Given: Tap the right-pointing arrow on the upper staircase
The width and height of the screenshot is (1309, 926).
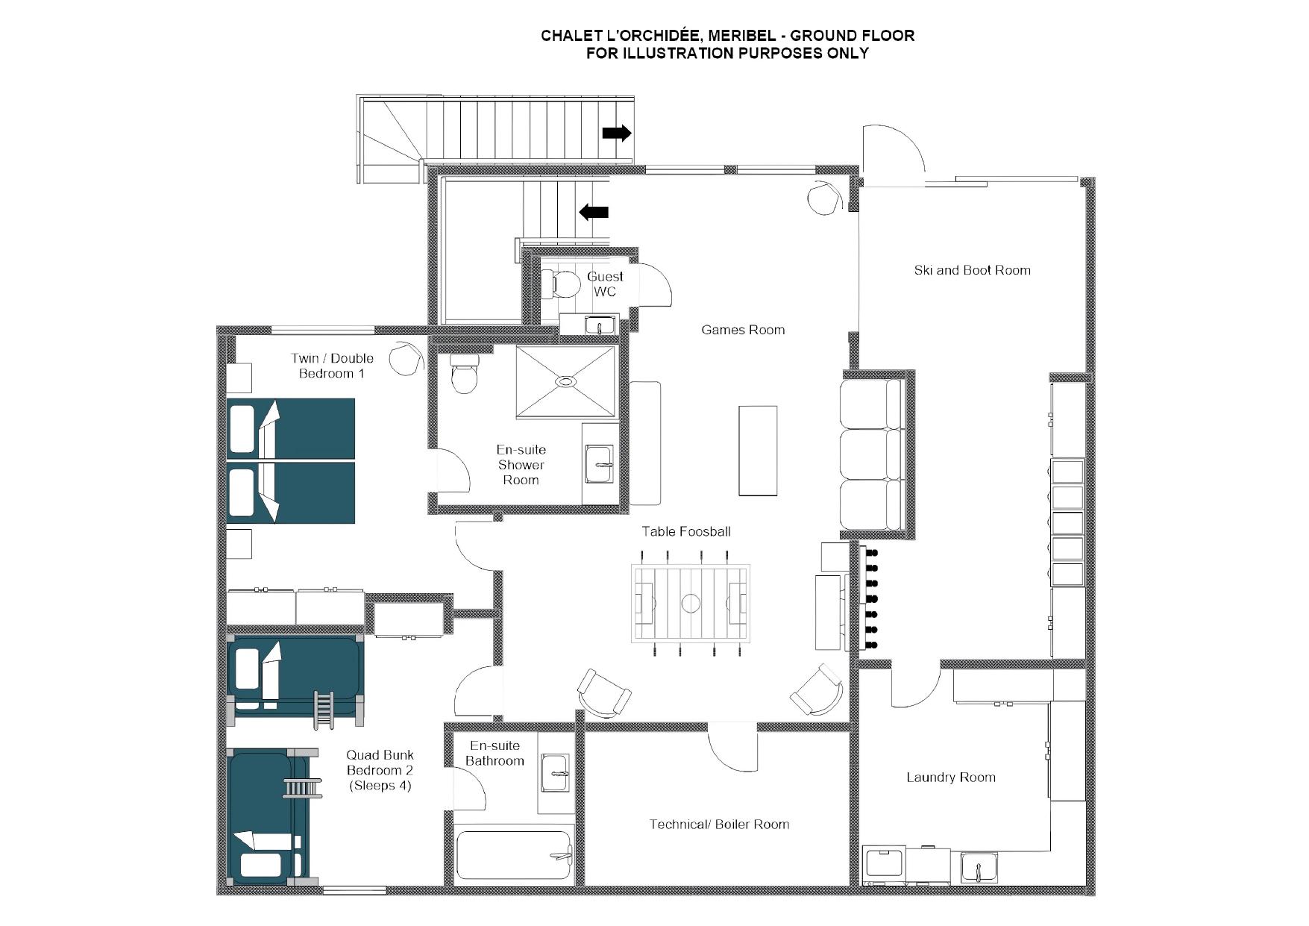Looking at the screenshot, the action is [617, 134].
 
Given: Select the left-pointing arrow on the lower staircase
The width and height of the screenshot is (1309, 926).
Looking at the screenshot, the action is [594, 212].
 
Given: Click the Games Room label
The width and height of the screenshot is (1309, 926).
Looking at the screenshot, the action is [743, 330].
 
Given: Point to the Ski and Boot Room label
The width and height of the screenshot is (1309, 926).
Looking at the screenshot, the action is [972, 270].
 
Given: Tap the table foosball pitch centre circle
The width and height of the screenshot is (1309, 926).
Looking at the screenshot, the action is [691, 603].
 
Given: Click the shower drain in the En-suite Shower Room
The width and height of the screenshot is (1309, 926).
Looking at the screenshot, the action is [566, 381].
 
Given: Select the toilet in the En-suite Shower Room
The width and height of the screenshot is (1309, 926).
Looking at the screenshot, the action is [464, 373].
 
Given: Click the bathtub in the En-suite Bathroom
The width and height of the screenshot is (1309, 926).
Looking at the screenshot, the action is [514, 855].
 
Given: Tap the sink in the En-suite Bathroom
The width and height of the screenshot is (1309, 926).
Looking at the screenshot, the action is [555, 773].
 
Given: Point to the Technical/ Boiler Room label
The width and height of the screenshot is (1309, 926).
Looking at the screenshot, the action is [719, 825].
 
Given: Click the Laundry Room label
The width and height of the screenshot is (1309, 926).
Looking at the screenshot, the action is [951, 778].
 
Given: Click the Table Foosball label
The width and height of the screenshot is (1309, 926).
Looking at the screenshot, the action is [686, 532].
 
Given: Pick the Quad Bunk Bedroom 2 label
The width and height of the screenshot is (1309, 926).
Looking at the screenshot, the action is [380, 770].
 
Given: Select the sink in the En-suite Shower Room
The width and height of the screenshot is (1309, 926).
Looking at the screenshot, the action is [599, 465].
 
